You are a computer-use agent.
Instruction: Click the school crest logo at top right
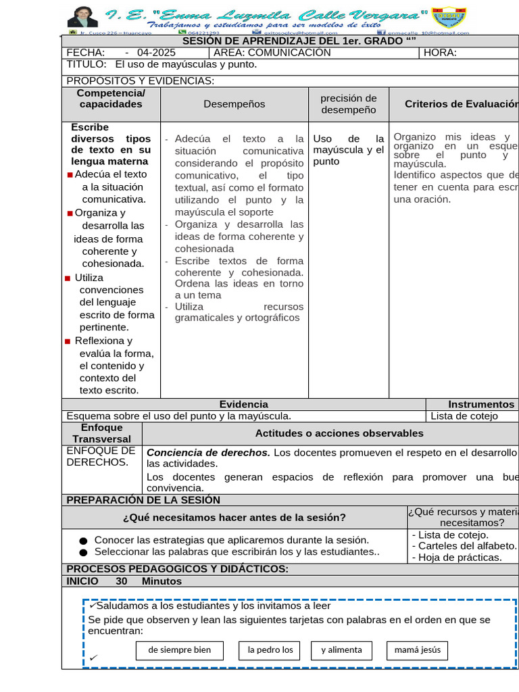click(449, 18)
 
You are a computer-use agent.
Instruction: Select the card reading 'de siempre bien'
click(180, 650)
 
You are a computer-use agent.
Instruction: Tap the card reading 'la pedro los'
click(270, 650)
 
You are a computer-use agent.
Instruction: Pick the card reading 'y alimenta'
click(341, 650)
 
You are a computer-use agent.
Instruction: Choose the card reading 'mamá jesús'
click(417, 650)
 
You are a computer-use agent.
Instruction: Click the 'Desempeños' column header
click(234, 104)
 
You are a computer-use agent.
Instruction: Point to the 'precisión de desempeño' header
click(349, 104)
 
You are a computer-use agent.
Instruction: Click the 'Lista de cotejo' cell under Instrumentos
click(464, 416)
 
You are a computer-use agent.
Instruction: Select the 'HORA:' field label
click(440, 53)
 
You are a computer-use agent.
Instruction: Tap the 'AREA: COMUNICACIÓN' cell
click(272, 53)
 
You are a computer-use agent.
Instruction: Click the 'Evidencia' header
click(243, 404)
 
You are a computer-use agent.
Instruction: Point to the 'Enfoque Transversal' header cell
click(101, 433)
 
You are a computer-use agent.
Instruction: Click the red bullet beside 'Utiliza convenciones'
click(68, 278)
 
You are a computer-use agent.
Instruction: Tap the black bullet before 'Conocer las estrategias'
click(83, 541)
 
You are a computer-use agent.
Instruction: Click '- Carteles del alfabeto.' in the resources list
click(464, 546)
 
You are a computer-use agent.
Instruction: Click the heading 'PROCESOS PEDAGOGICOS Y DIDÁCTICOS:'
click(178, 569)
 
